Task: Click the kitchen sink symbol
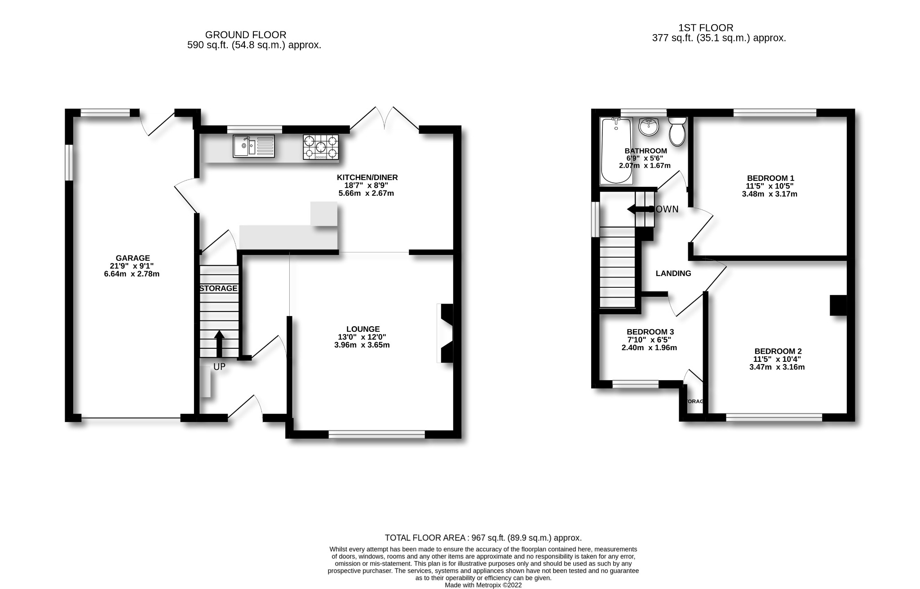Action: (254, 146)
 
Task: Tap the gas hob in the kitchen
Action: (321, 147)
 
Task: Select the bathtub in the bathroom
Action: (616, 151)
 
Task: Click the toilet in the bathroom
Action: (677, 131)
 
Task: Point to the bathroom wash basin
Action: (648, 127)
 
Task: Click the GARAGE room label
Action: (133, 258)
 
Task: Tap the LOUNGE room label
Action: (363, 329)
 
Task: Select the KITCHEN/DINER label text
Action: (367, 177)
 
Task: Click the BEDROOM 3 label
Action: (650, 332)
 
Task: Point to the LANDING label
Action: (673, 273)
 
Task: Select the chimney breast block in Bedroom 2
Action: (838, 305)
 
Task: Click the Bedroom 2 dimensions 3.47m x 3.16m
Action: (777, 367)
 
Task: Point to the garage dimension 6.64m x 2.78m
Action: (132, 274)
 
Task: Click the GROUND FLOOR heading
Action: (245, 35)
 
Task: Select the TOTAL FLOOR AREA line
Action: (483, 538)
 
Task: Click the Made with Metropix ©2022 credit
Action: (483, 585)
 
